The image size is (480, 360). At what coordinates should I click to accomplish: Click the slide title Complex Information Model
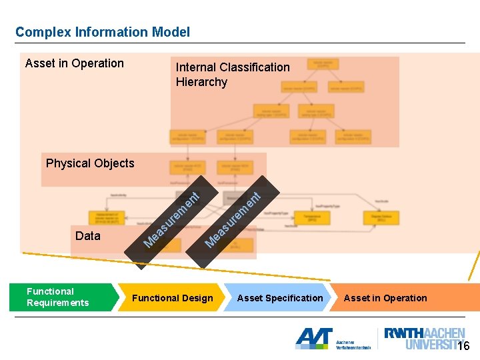click(103, 32)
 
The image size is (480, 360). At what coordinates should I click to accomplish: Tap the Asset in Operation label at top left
click(75, 63)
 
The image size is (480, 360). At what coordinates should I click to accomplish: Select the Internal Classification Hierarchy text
click(232, 74)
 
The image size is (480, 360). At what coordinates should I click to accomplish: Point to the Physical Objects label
click(90, 163)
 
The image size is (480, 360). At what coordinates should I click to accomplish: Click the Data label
click(88, 236)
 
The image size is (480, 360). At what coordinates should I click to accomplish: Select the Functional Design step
click(172, 298)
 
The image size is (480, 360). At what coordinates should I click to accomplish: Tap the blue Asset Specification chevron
click(280, 298)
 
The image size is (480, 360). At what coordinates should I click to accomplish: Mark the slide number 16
click(463, 346)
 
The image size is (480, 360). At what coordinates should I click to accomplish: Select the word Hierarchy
click(201, 82)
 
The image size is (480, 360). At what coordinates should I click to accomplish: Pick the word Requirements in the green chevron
click(57, 303)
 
